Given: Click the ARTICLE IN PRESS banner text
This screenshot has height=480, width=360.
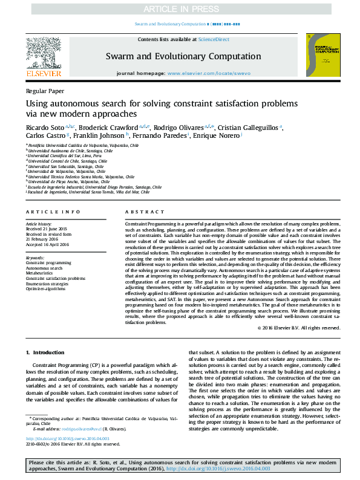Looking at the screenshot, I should point(180,9).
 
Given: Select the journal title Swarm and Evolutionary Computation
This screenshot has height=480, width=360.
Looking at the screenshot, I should point(180,56).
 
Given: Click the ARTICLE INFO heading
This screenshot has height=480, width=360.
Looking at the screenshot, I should point(53,212).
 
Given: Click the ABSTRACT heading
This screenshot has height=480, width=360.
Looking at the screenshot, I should point(145,212).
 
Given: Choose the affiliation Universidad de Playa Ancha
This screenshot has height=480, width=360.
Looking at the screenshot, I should point(68,182).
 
